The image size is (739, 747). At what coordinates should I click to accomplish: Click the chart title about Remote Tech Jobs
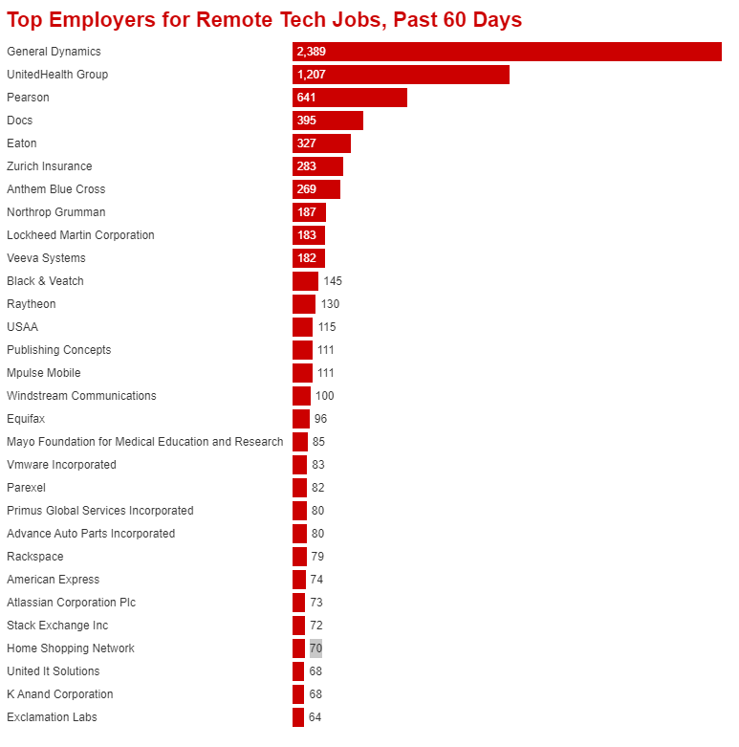click(264, 20)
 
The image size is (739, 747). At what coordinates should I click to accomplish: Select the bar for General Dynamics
click(507, 52)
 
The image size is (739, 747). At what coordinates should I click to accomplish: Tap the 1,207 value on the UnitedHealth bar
click(312, 75)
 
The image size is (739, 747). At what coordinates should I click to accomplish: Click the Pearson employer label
click(28, 98)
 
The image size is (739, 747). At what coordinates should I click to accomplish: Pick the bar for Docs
click(328, 121)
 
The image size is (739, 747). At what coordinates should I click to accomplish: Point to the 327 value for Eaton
click(306, 143)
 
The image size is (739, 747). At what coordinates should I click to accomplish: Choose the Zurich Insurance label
click(50, 166)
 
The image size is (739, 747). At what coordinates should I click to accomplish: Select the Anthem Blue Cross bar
click(316, 189)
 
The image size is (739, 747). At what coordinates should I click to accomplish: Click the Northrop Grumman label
click(56, 212)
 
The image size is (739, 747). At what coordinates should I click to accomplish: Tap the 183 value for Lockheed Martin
click(306, 235)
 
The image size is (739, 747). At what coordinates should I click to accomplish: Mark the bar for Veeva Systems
click(309, 258)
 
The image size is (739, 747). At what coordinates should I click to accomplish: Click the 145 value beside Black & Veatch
click(333, 281)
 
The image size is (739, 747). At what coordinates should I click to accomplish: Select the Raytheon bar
click(304, 304)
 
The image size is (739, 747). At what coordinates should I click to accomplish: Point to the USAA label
click(22, 327)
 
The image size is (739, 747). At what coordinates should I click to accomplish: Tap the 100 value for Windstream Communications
click(325, 396)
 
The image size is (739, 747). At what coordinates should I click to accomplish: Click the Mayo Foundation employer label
click(145, 442)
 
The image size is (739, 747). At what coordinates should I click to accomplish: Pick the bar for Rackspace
click(299, 557)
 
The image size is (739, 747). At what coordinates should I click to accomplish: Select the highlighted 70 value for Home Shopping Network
click(315, 648)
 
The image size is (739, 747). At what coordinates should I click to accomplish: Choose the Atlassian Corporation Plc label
click(72, 603)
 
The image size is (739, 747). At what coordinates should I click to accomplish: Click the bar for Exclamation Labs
click(298, 717)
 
